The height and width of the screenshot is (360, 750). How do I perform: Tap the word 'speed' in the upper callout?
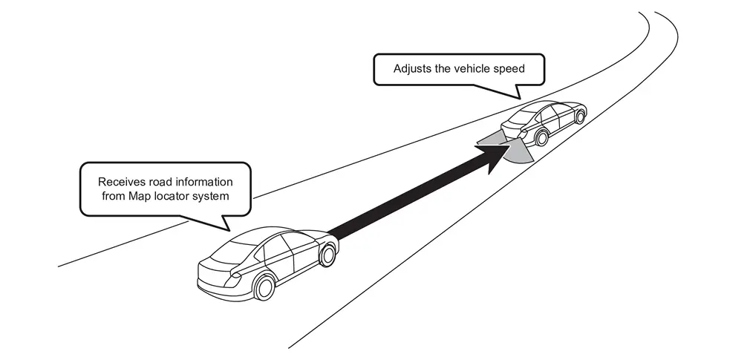point(510,69)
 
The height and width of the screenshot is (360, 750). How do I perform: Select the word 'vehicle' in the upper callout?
point(473,69)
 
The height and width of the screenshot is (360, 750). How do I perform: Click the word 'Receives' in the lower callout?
point(121,182)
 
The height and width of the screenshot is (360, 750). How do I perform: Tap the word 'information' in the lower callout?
point(204,182)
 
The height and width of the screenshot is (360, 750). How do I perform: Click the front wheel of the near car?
point(326,254)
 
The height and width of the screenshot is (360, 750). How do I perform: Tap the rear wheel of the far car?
point(541,138)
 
